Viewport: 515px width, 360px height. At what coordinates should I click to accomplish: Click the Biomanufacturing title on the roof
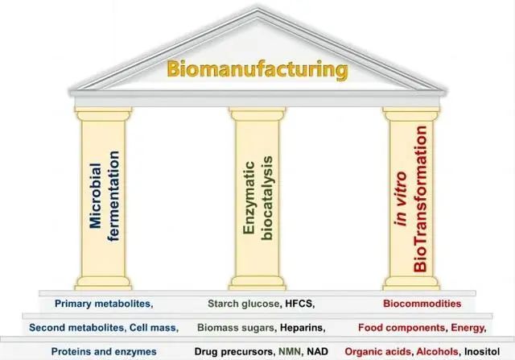[x=257, y=69]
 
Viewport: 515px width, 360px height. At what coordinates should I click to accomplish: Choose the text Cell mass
[x=151, y=328]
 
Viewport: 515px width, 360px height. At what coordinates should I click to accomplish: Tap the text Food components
[x=402, y=328]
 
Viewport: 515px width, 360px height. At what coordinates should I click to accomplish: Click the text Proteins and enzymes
[x=103, y=352]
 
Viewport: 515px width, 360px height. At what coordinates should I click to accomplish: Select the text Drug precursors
[x=233, y=352]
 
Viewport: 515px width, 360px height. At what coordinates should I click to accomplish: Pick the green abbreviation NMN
[x=289, y=352]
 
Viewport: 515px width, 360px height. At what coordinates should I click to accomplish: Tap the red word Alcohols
[x=435, y=352]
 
